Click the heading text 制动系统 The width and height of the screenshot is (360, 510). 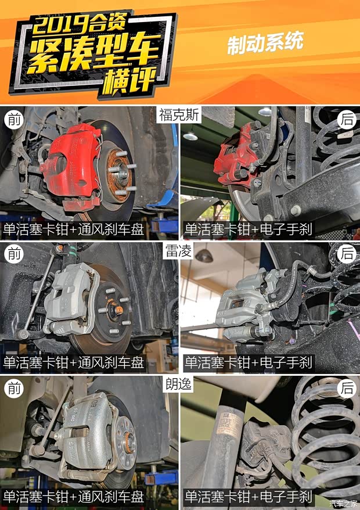pos(265,42)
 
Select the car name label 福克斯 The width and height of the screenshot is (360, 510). pos(179,115)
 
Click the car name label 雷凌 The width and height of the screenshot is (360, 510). pos(178,250)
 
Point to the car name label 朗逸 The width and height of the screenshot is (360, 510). pos(178,384)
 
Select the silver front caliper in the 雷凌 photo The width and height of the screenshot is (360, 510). pos(70,301)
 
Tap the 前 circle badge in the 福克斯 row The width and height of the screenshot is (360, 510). pos(14,120)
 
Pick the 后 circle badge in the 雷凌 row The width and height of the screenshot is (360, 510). pos(347,254)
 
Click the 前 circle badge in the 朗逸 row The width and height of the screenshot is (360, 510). pos(14,389)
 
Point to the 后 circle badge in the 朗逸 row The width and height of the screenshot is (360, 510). pos(347,389)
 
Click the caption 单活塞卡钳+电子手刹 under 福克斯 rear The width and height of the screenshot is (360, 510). pos(249,229)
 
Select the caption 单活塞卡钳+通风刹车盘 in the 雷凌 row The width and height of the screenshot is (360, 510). pos(73,362)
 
